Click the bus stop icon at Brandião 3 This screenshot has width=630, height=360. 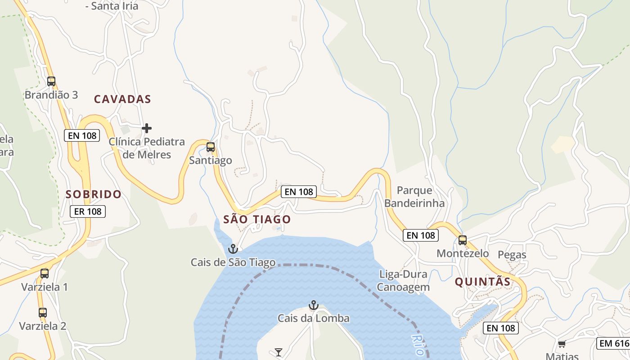click(51, 81)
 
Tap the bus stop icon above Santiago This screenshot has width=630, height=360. click(211, 147)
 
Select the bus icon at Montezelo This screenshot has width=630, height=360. click(463, 240)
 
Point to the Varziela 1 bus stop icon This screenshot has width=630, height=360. click(45, 273)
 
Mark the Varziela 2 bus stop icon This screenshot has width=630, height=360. click(43, 312)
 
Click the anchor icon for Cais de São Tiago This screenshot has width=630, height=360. click(233, 248)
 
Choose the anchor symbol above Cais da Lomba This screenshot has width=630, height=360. click(314, 305)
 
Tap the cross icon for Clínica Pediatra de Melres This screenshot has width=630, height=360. click(147, 128)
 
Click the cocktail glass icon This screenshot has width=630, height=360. click(279, 352)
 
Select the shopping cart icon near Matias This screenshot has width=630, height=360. click(562, 344)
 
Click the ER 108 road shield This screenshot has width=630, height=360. click(88, 211)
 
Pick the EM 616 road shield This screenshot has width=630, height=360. click(613, 343)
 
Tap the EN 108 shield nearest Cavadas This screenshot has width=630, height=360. click(82, 135)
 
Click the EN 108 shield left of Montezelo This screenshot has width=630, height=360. click(421, 235)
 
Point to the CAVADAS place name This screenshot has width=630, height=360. click(122, 99)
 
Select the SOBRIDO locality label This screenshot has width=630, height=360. click(94, 194)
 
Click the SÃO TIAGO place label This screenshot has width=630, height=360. click(257, 220)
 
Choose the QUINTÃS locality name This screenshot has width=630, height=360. click(482, 282)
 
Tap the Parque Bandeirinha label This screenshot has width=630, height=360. click(414, 197)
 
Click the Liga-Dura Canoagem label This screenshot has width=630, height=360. click(403, 280)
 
